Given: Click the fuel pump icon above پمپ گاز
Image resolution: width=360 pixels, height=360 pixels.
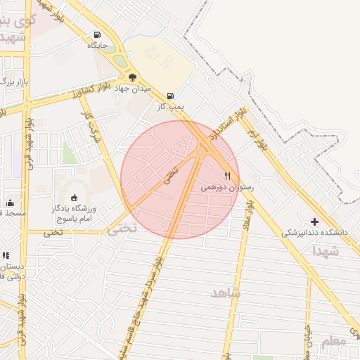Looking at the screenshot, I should (170, 96).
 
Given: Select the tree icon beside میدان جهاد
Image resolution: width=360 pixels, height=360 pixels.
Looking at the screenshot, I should (132, 77).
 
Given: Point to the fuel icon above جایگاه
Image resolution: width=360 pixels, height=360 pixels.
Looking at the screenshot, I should (96, 34).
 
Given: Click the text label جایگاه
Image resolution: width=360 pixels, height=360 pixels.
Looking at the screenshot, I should (97, 45).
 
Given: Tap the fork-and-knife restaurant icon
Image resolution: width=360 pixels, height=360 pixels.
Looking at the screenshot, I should (227, 176).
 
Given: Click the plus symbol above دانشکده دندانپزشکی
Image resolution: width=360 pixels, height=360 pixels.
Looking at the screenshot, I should (314, 221).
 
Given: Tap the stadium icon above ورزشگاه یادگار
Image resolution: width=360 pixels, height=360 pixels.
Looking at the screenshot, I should (75, 198).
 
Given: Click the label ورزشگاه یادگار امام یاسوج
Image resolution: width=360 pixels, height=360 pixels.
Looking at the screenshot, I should (77, 214).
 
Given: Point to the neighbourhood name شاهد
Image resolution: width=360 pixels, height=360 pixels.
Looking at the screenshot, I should (226, 292).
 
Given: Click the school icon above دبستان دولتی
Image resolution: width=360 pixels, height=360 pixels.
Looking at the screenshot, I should (6, 256).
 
